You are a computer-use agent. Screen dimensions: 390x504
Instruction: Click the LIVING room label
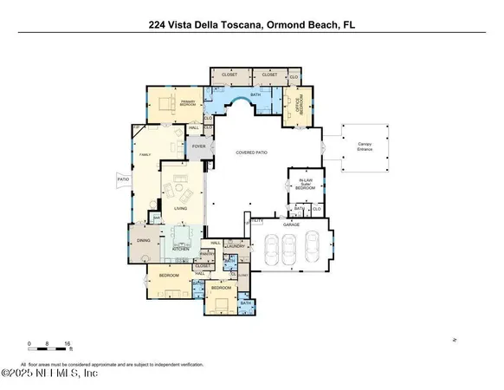click(180, 208)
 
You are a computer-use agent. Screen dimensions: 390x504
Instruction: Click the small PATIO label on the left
click(123, 180)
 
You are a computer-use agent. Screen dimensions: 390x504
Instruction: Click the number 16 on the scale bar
click(67, 344)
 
